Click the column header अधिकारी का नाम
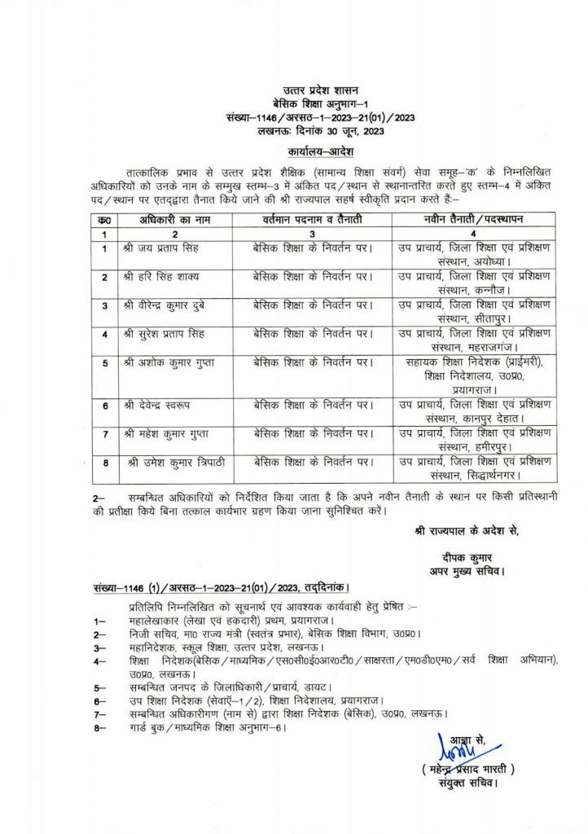pyautogui.click(x=157, y=221)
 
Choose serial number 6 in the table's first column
pyautogui.click(x=104, y=405)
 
